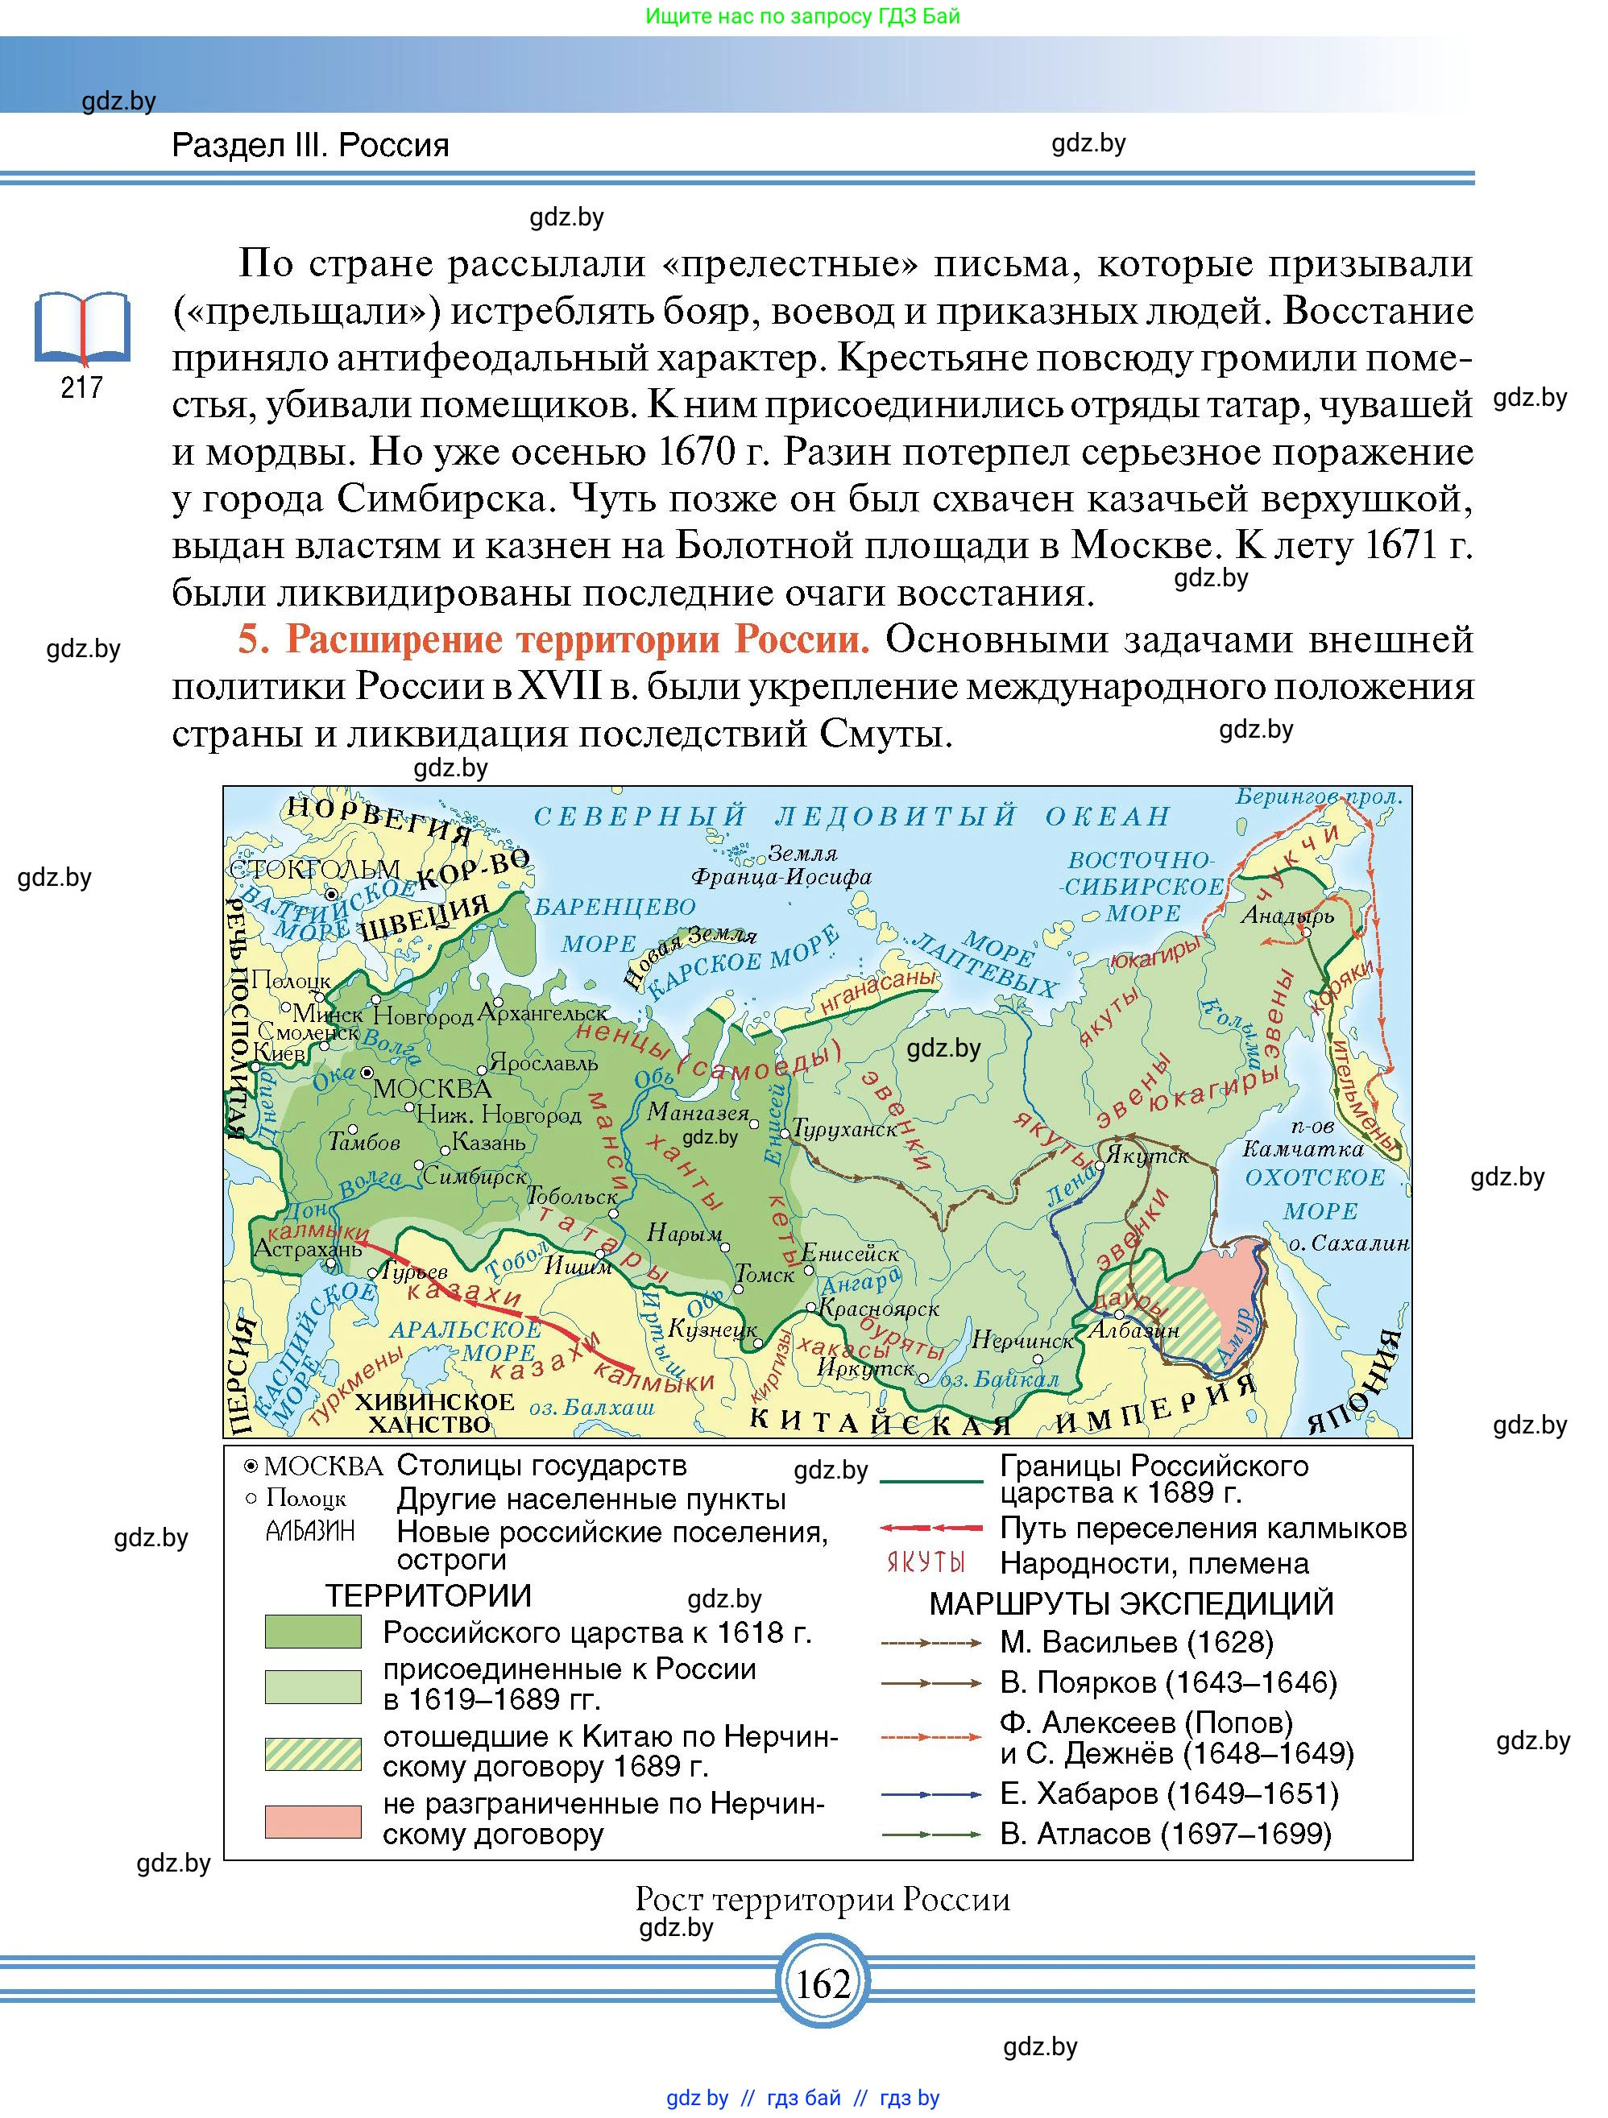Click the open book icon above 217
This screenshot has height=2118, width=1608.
point(81,329)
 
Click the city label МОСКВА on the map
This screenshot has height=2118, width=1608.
point(432,1089)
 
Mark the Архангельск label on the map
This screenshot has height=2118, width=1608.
point(543,1012)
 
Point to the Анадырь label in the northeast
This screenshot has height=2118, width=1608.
point(1287,916)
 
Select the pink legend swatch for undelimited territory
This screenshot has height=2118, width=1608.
point(313,1820)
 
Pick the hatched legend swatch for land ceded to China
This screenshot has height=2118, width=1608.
point(313,1753)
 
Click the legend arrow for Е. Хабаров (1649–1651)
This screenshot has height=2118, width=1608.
point(931,1793)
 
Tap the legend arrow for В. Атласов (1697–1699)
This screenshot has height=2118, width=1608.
point(931,1834)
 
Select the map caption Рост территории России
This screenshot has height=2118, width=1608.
point(822,1899)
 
